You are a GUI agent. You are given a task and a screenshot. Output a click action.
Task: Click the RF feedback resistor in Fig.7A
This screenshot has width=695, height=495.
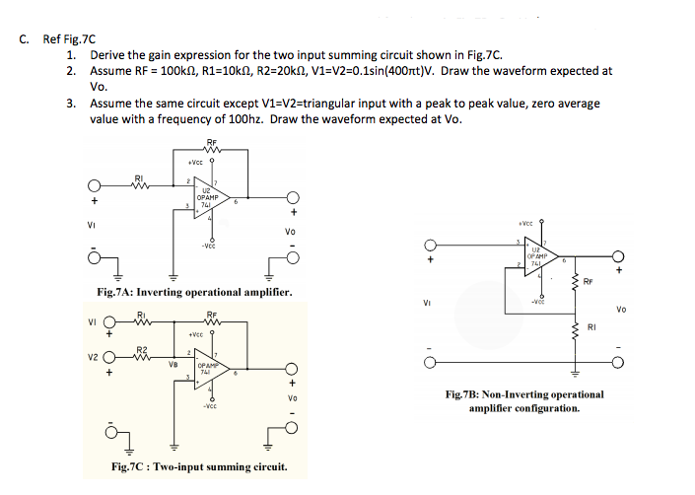point(212,149)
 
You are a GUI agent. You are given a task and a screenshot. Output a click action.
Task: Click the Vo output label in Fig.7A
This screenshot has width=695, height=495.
point(290,233)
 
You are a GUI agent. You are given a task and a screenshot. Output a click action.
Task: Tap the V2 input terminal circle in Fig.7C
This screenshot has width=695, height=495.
point(120,358)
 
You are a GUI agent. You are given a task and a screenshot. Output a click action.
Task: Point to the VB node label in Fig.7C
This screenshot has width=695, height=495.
point(174,362)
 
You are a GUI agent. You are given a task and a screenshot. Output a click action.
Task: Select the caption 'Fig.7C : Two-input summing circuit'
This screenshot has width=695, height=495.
point(200,466)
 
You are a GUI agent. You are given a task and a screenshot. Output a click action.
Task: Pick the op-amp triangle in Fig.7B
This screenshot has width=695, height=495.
point(538,253)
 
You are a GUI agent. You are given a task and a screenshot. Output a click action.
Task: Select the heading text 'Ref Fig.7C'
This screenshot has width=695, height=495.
point(70,39)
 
